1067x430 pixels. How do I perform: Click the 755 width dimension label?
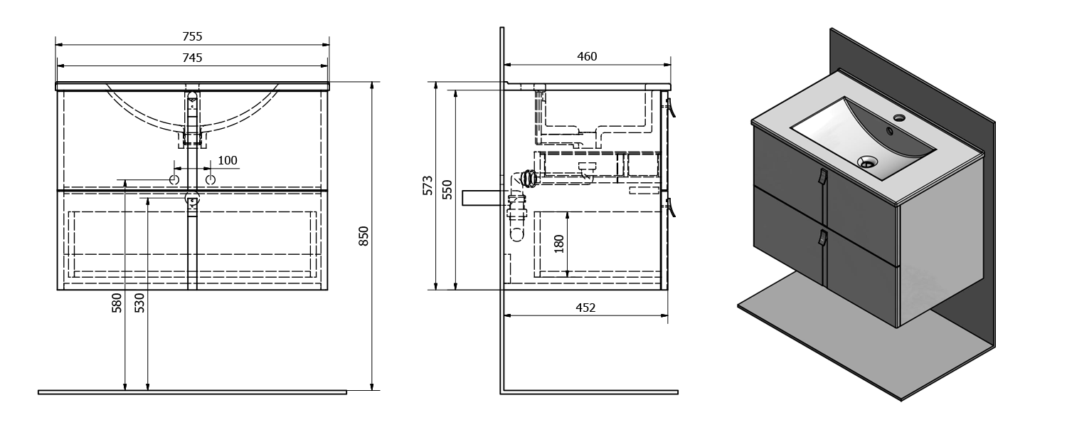point(193,36)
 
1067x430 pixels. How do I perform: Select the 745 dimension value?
point(193,58)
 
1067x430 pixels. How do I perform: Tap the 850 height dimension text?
point(363,236)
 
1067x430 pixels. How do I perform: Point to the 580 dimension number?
point(117,303)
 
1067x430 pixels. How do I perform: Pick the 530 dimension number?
point(139,303)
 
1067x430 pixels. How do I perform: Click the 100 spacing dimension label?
point(227,161)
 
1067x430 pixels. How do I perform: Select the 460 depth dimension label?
point(587,57)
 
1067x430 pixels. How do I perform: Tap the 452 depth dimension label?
point(585,308)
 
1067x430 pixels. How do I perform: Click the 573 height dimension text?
point(428,185)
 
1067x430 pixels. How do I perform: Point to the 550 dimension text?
point(447,190)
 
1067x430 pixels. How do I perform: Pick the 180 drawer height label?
point(559,244)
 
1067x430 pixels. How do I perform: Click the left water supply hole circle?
point(174,179)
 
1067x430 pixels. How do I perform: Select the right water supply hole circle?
point(211,179)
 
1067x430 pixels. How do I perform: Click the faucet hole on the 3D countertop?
point(899,117)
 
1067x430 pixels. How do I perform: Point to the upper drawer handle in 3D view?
point(822,177)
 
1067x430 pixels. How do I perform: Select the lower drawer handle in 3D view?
point(822,238)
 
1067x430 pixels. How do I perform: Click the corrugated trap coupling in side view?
point(529,179)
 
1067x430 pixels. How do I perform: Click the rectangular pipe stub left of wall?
point(481,198)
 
